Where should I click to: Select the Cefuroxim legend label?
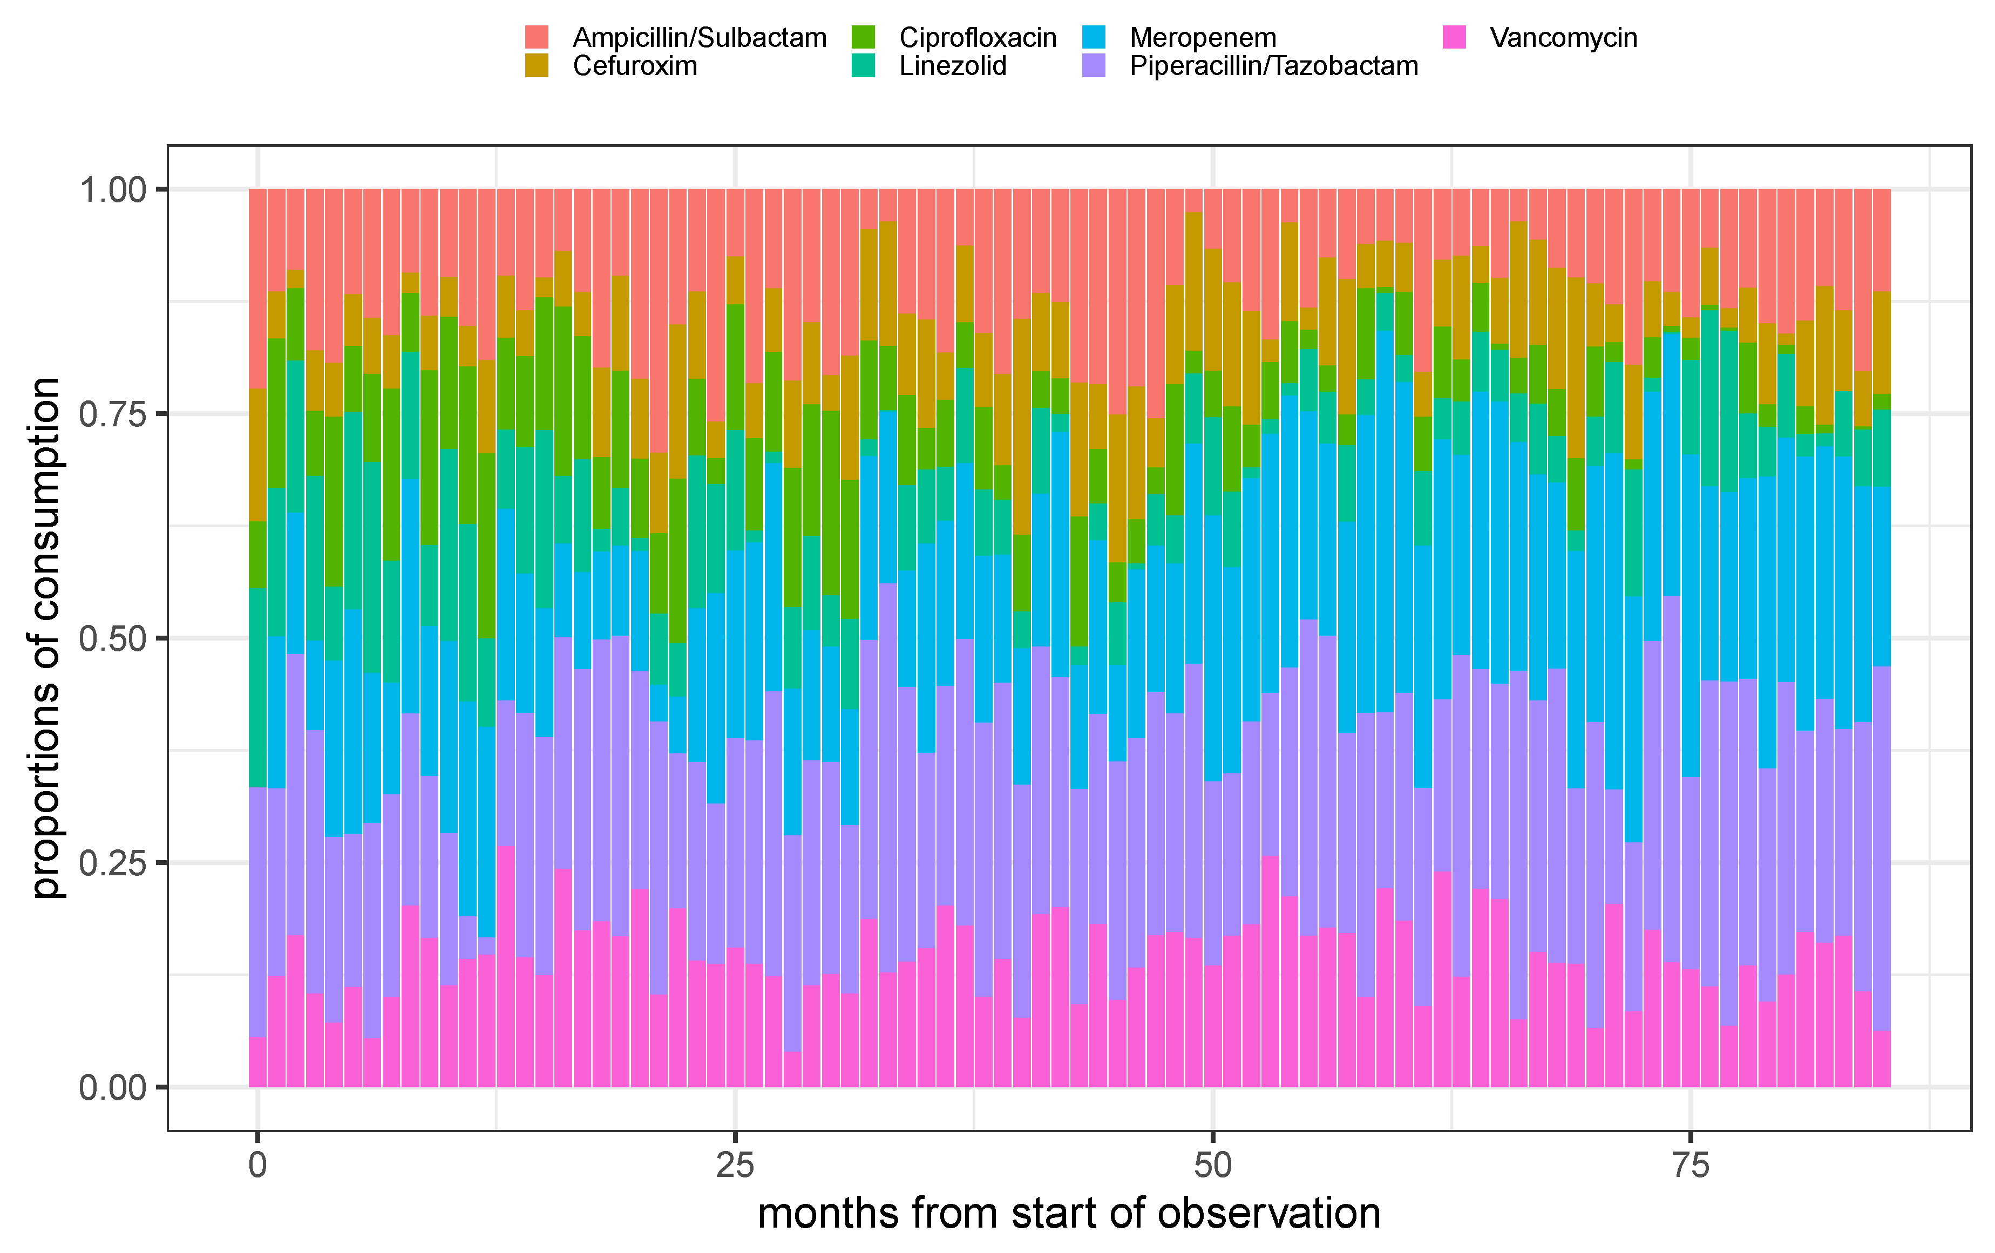(635, 65)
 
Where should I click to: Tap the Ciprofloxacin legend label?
(978, 37)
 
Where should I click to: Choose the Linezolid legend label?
(953, 65)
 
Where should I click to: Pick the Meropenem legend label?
(1203, 37)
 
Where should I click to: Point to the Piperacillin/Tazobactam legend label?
(1273, 65)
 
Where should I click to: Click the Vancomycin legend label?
(1563, 37)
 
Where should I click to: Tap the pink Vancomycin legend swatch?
(1454, 37)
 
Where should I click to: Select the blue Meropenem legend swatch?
(1094, 37)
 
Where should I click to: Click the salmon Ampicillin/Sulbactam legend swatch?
(537, 37)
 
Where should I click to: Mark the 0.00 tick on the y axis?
(113, 1087)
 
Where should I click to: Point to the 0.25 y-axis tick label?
(113, 863)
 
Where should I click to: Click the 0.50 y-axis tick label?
(113, 638)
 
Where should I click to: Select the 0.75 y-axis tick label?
(113, 414)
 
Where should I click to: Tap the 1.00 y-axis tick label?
(113, 189)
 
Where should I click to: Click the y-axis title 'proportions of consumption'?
(46, 638)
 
